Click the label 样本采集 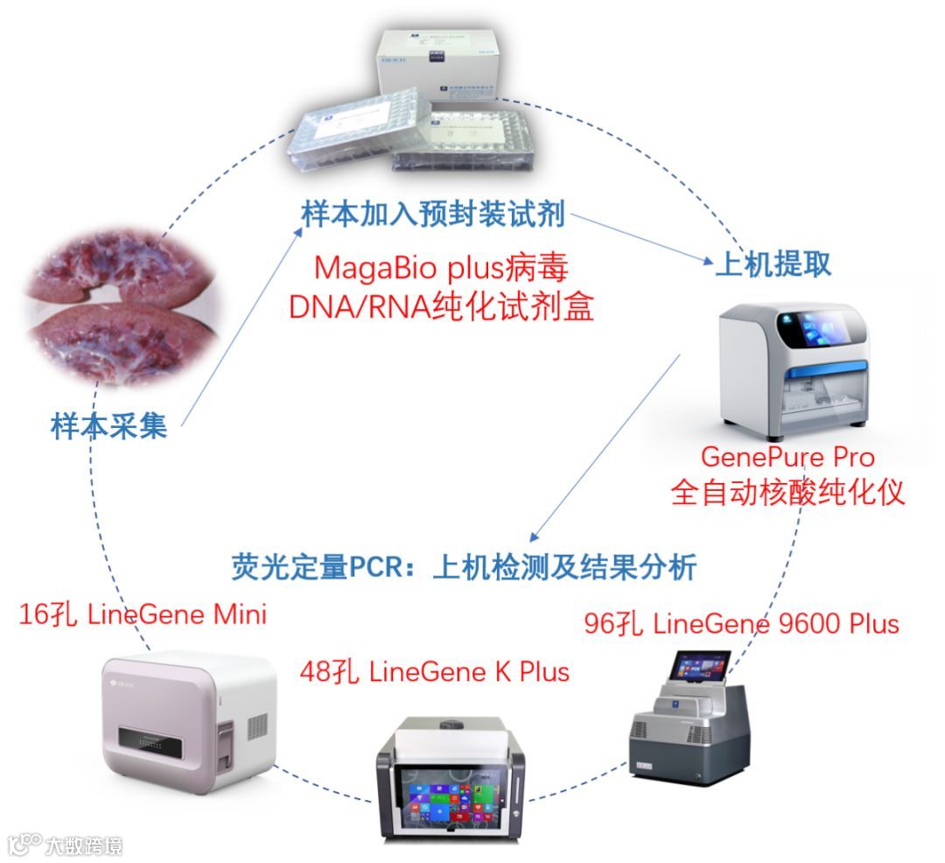(108, 428)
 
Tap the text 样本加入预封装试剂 (434, 213)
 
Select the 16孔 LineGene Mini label (143, 614)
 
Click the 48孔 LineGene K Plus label (434, 671)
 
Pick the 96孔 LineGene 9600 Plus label (741, 624)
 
